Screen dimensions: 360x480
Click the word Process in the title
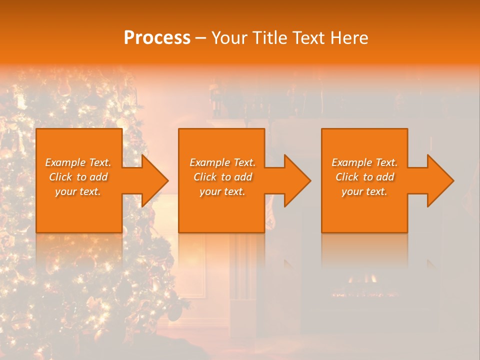pos(157,38)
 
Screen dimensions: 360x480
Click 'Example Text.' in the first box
pos(78,162)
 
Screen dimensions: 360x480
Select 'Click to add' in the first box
pos(78,177)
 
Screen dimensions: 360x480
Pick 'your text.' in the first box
pos(78,191)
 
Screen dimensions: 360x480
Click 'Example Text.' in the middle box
pos(222,162)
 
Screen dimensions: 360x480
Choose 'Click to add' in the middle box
pos(222,177)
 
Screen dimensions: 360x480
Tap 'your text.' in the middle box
pos(222,191)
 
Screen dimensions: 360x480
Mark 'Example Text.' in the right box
pos(364,162)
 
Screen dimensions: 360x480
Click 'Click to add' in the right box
pos(364,177)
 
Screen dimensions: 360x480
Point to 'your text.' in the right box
pos(364,191)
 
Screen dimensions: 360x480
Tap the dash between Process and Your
pos(200,38)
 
